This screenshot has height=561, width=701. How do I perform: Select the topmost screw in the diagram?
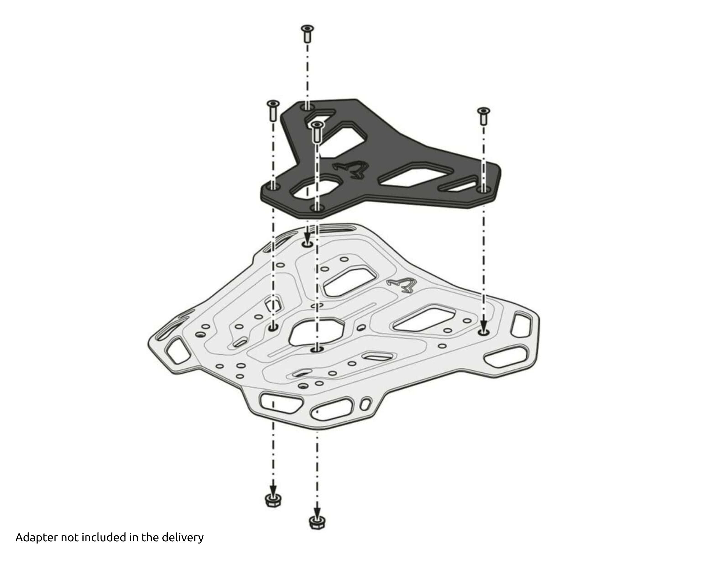(307, 33)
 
